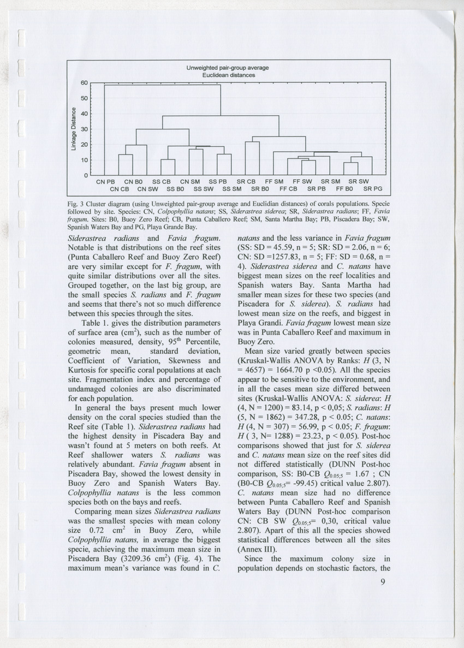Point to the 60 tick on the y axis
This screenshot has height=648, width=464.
(x=84, y=83)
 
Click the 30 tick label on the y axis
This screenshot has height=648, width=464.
(x=84, y=129)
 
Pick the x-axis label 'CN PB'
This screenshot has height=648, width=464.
(x=105, y=181)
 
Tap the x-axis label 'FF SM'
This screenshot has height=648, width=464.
(x=275, y=181)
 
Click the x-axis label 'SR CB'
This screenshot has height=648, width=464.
(x=246, y=181)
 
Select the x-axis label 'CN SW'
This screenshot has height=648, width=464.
(x=148, y=189)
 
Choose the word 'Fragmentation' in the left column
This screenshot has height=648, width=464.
(x=131, y=380)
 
